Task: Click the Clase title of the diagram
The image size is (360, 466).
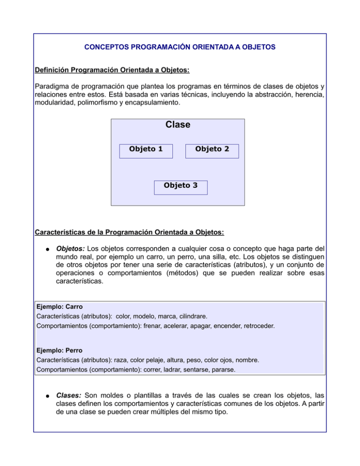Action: click(178, 125)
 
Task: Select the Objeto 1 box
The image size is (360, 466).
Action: click(146, 150)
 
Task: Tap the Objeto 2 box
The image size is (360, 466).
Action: click(212, 150)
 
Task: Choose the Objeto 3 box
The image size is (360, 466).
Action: click(180, 187)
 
